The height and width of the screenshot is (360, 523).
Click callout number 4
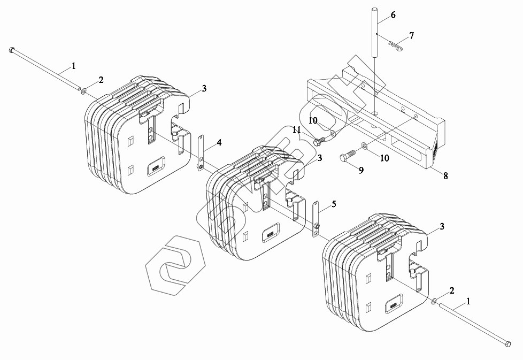pos(219,143)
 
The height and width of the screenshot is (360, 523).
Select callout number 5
pos(334,204)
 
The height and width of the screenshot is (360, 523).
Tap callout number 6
pos(393,15)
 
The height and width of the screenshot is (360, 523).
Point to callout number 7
pos(411,36)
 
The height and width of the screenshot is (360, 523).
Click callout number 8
pos(445,175)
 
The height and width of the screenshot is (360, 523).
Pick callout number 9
pos(361,170)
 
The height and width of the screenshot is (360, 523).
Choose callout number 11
pos(296,130)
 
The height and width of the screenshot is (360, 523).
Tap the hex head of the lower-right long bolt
pos(508,344)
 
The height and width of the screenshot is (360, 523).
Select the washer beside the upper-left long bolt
pos(84,90)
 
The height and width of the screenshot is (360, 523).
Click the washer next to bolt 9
pos(364,146)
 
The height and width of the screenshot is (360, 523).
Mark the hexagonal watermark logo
pos(175,265)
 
